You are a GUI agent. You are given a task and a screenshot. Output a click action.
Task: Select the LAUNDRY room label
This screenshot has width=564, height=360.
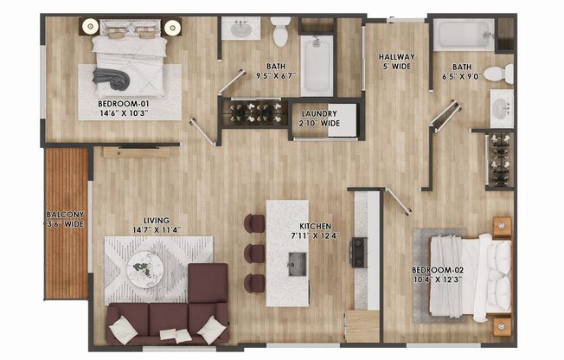point(319,113)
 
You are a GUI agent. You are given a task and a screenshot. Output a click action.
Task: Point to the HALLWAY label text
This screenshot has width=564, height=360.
point(396,58)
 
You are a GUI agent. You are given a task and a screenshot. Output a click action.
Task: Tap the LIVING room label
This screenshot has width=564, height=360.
point(157,220)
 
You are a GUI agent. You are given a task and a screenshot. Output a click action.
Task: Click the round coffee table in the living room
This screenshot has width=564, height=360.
point(144,268)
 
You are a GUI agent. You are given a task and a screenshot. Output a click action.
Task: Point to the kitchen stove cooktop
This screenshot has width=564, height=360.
point(357,251)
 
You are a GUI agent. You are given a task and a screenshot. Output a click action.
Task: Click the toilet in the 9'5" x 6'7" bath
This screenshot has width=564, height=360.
point(280,32)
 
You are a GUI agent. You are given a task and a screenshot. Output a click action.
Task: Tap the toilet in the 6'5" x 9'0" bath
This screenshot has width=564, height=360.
point(497,74)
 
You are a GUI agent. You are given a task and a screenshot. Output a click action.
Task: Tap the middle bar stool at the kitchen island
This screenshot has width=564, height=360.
point(254,253)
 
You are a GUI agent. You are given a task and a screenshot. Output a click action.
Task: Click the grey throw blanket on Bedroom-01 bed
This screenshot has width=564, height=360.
point(115,80)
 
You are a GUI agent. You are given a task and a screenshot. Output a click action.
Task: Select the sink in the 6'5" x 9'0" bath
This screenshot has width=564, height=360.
point(502,108)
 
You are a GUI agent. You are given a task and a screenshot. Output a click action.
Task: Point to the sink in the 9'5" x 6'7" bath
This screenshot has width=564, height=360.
point(240,29)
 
